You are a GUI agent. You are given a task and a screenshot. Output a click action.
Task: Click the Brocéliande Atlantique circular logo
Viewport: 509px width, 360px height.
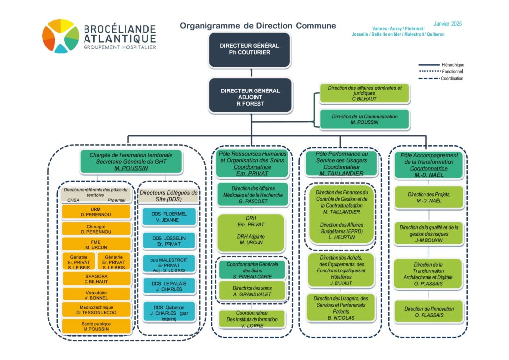pyautogui.click(x=60, y=36)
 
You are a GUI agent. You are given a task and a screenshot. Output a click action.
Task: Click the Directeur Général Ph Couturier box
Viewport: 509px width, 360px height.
pyautogui.click(x=249, y=49)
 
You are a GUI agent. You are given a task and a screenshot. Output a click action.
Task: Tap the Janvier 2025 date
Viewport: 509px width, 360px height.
pyautogui.click(x=448, y=24)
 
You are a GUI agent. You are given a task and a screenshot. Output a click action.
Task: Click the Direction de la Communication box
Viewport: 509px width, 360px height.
pyautogui.click(x=364, y=119)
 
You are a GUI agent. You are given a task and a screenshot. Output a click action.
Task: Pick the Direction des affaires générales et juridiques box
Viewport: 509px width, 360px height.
pyautogui.click(x=364, y=93)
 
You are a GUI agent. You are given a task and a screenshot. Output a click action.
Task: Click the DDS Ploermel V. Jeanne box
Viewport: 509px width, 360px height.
pyautogui.click(x=169, y=217)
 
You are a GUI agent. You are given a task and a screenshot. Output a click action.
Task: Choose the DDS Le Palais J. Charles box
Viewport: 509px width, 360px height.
pyautogui.click(x=169, y=286)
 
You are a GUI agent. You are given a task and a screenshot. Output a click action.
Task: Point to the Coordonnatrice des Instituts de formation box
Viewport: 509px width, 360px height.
pyautogui.click(x=251, y=319)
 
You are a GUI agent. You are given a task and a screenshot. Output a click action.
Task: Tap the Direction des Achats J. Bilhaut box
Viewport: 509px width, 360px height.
pyautogui.click(x=340, y=270)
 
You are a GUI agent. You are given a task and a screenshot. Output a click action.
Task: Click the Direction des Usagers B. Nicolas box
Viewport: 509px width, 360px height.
pyautogui.click(x=340, y=307)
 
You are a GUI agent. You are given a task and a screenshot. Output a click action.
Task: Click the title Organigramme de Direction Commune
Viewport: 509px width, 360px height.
pyautogui.click(x=257, y=26)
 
